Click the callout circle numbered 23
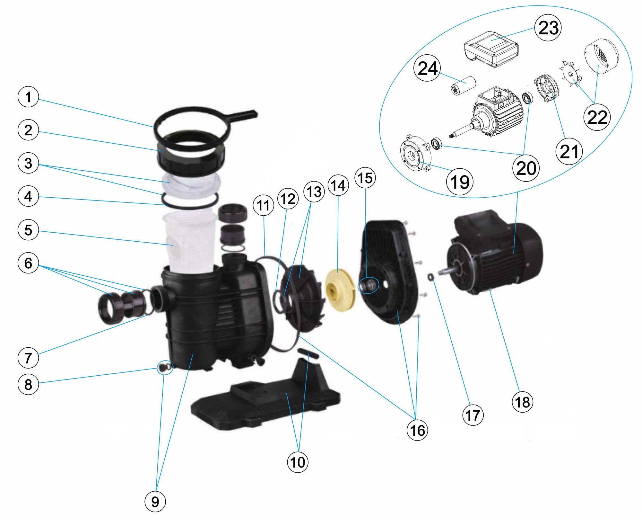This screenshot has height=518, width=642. point(548,28)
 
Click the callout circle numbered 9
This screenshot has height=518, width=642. point(155,501)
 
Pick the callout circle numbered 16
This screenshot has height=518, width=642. point(417,430)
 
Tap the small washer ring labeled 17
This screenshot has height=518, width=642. point(430,276)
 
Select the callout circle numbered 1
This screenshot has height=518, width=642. point(28,97)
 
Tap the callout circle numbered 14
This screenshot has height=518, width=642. point(338,185)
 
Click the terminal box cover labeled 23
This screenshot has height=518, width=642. point(491,49)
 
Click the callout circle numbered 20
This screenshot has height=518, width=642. point(526,168)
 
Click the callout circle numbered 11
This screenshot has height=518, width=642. point(263,205)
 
